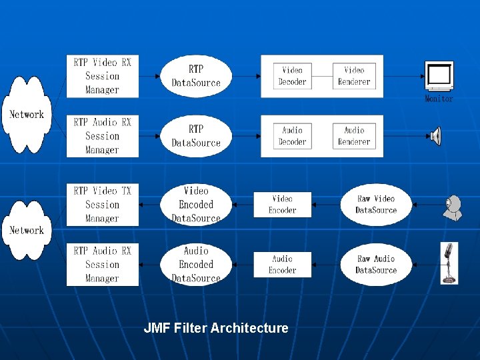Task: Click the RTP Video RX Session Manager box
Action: (103, 76)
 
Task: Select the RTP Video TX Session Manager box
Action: (103, 205)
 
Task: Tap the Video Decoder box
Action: (292, 76)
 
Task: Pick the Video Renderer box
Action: (354, 76)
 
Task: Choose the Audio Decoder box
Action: (292, 136)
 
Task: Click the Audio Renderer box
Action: (354, 136)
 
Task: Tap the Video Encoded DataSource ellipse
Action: (196, 204)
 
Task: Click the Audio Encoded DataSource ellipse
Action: (196, 265)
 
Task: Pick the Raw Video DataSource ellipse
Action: (376, 204)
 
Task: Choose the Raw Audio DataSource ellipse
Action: (376, 264)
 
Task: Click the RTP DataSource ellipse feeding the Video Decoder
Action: (196, 76)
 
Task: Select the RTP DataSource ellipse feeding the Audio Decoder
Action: (196, 136)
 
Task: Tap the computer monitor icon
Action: (439, 76)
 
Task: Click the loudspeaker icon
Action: (435, 137)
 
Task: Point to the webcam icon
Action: (453, 207)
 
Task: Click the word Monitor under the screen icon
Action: (439, 99)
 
